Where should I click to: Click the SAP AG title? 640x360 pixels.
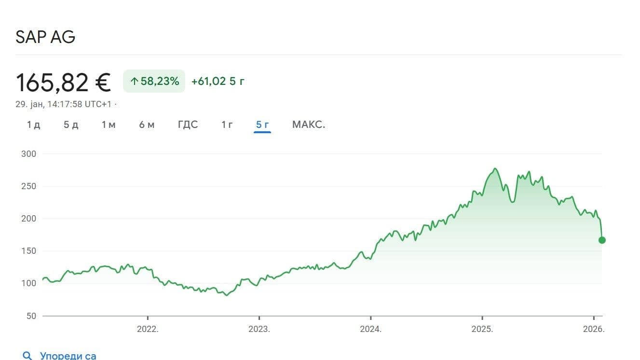pos(45,37)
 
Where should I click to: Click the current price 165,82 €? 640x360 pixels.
pos(63,83)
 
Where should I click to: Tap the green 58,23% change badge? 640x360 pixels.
pos(154,81)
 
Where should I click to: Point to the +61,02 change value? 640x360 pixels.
pos(208,81)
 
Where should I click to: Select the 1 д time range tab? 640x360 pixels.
pos(34,125)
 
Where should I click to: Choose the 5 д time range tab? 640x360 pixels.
pos(71,125)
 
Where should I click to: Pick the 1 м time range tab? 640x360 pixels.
pos(109,125)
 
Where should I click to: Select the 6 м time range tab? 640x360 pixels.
pos(147,125)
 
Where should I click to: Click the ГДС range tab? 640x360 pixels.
pos(188,125)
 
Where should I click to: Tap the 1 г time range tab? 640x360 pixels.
pos(227,125)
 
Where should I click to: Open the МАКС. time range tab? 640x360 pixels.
pos(309,125)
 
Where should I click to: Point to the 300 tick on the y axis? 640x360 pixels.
pos(29,154)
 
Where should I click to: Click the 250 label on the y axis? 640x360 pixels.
pos(29,186)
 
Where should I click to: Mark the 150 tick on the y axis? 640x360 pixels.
pos(29,251)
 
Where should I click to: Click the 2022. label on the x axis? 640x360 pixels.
pos(148,329)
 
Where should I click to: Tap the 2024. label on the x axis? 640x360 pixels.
pos(370,329)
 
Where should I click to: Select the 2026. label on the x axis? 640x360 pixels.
pos(594,329)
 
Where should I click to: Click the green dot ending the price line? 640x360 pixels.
pos(602,240)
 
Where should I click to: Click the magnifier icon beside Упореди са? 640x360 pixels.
pos(27,356)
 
